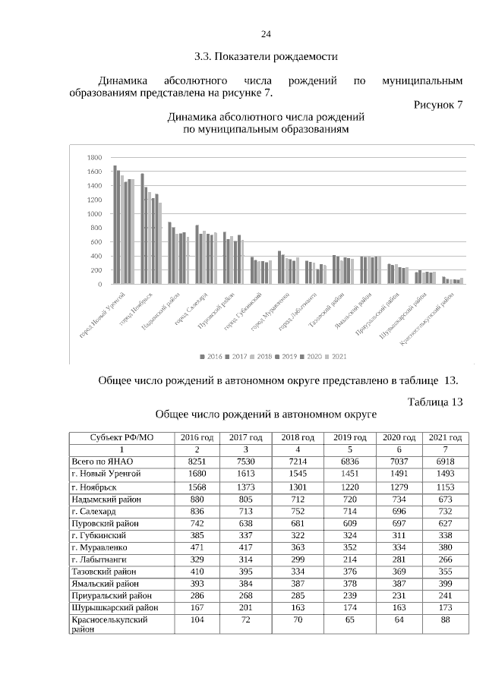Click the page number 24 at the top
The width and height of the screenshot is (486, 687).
point(266,34)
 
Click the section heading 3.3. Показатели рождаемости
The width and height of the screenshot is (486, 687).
point(265,56)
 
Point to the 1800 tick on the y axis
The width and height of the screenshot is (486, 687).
point(95,158)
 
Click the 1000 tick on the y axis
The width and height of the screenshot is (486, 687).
point(95,214)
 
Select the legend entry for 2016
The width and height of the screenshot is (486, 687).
point(212,355)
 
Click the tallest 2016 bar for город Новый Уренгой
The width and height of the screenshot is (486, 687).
point(115,225)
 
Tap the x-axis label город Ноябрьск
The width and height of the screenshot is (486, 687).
point(137,307)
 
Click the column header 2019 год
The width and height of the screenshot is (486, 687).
point(349,438)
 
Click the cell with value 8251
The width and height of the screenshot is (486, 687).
point(197,461)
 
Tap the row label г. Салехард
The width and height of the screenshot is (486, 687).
point(93,512)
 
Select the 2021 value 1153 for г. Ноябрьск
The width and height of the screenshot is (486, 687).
point(445,486)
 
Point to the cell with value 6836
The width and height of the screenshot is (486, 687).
point(349,461)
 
